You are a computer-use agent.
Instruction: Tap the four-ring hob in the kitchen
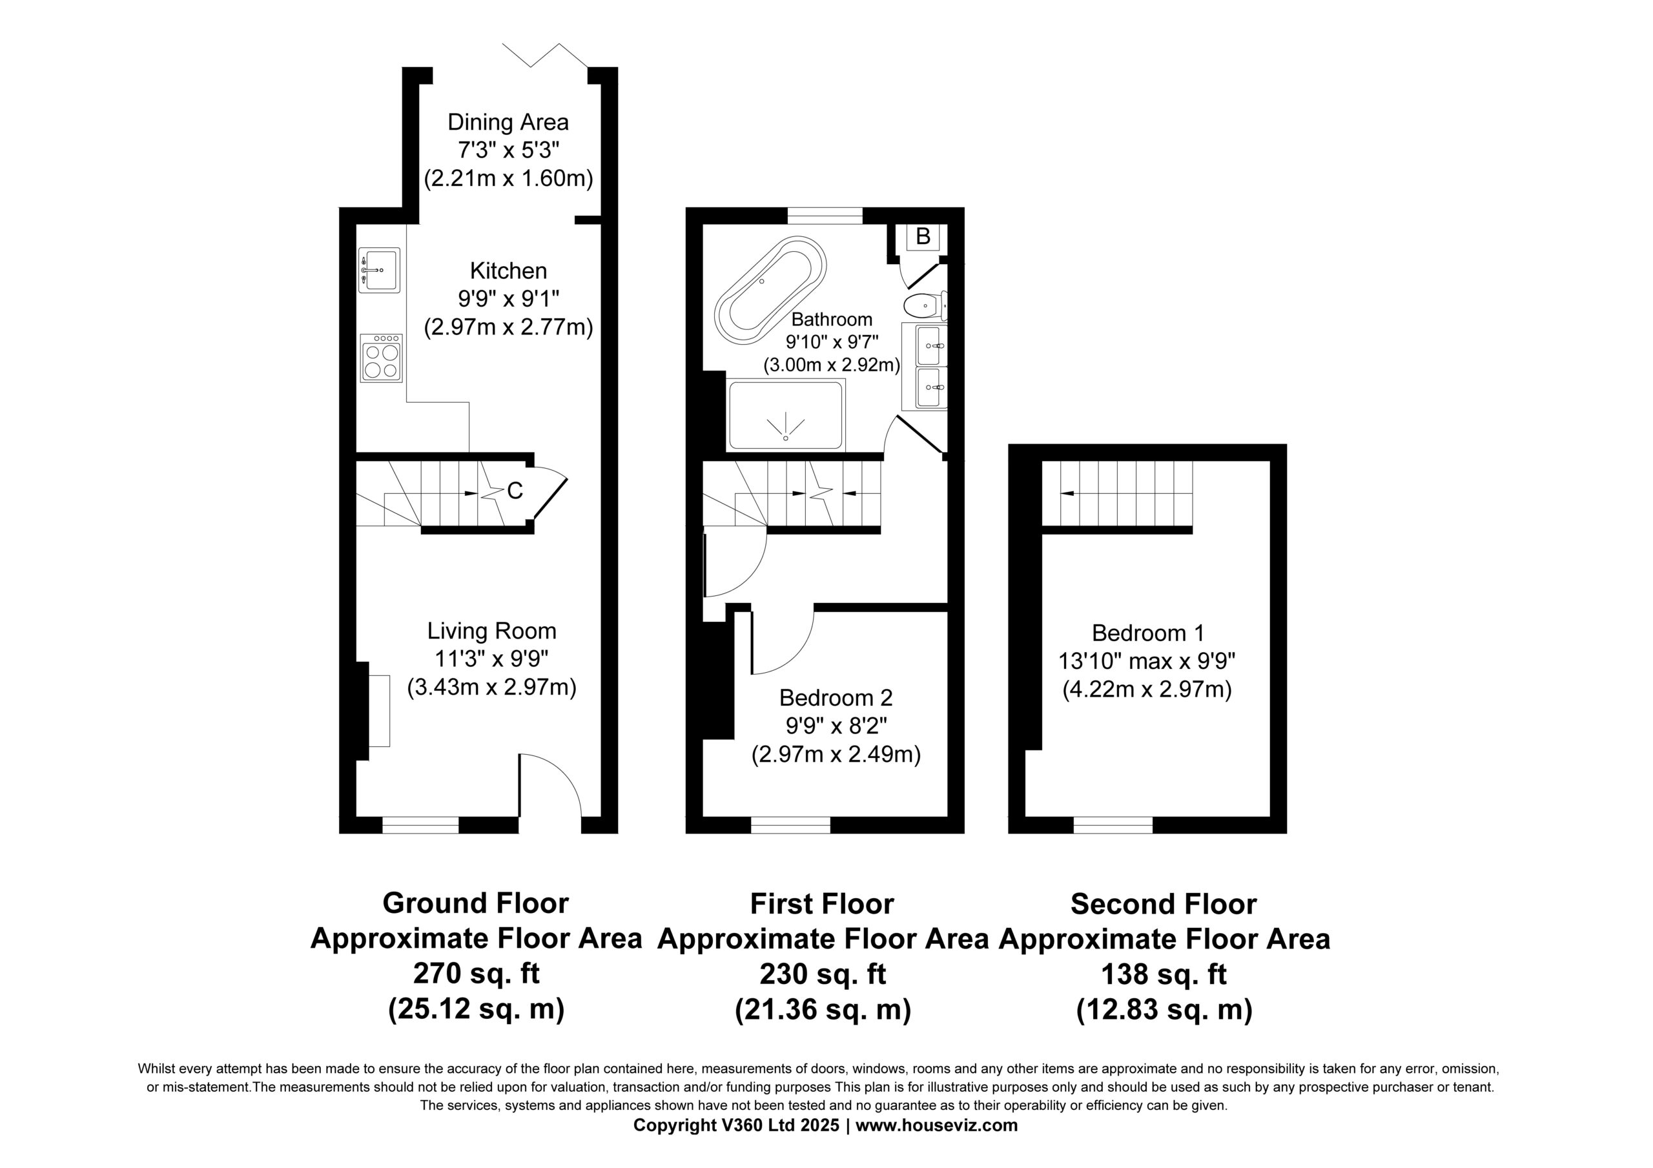tap(382, 358)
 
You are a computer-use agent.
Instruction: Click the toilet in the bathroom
tap(925, 306)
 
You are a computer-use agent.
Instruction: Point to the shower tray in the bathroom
tap(786, 416)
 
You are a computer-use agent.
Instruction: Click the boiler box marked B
tap(922, 236)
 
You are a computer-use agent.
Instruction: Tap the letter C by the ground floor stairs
tap(515, 491)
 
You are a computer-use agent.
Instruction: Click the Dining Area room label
tap(508, 123)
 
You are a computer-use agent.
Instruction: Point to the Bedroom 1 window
tap(1113, 825)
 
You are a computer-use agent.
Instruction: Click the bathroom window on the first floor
tap(825, 215)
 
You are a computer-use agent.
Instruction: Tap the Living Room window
tap(420, 825)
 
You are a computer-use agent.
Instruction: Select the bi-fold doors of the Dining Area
tap(545, 56)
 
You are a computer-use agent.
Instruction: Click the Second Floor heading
tap(1164, 905)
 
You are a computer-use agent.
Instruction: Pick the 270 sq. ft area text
tap(476, 974)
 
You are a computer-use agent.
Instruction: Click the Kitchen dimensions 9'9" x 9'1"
tap(508, 299)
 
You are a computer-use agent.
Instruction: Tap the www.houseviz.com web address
tap(937, 1125)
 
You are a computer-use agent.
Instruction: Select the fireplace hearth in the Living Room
tap(380, 711)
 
